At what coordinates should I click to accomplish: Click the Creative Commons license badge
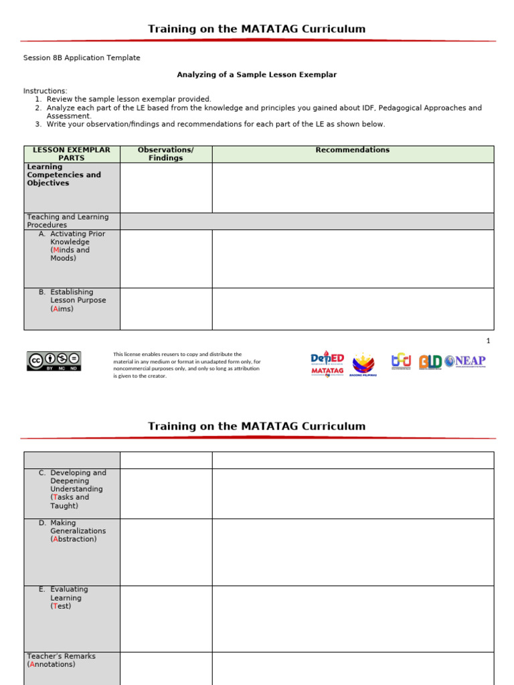54,361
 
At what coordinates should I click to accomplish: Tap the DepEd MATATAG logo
327,364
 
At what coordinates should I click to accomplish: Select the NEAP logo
465,361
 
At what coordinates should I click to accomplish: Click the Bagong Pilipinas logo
363,365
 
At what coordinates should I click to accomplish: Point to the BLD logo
430,362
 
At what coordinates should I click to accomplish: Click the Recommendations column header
353,151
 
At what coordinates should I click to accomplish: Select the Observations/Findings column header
166,154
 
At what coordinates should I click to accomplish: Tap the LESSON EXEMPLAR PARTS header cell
72,154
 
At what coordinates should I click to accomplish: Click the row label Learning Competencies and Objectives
64,175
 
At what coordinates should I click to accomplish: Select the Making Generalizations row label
74,531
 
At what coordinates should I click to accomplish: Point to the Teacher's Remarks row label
61,660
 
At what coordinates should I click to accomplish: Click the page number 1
489,341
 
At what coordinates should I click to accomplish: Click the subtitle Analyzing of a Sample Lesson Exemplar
256,75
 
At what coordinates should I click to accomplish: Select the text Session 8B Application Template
82,58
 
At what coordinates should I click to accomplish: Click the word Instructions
46,91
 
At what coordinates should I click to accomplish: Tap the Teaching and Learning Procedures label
67,221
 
